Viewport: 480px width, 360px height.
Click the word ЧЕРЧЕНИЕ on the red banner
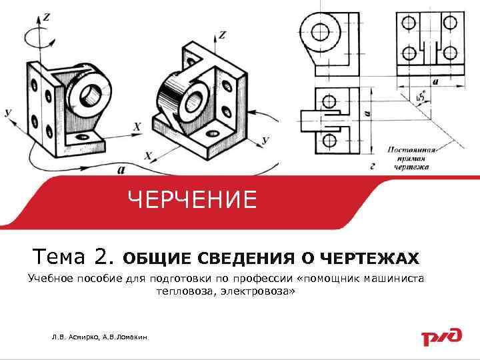coord(192,199)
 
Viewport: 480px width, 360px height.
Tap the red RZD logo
coord(442,337)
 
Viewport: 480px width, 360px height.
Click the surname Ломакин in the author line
coord(132,337)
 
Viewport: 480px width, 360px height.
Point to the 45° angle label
coord(421,97)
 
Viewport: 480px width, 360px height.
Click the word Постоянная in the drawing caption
coord(411,150)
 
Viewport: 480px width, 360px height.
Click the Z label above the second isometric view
coord(222,35)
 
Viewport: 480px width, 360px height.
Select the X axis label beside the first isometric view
coord(137,127)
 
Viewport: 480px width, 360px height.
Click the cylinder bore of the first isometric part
coord(89,94)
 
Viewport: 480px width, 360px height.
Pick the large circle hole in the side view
coord(320,32)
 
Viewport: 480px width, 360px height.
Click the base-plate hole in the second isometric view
coord(213,133)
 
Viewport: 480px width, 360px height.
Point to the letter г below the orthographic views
coord(373,167)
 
